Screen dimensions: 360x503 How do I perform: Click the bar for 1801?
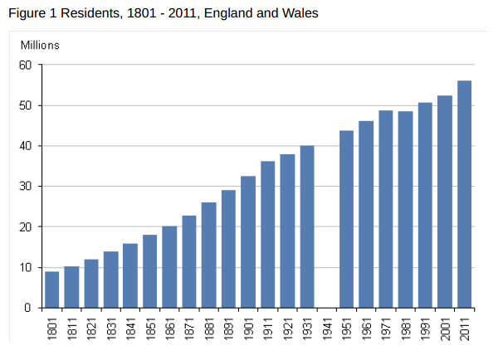click(51, 289)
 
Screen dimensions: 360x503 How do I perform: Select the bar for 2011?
click(464, 194)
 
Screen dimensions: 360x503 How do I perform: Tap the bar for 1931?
click(307, 226)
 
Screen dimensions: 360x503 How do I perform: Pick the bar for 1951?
click(346, 219)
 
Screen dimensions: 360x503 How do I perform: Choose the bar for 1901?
click(248, 241)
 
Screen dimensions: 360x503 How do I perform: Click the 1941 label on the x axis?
click(327, 328)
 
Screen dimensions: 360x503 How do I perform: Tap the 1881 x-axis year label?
click(209, 328)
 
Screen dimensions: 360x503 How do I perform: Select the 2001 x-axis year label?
click(445, 328)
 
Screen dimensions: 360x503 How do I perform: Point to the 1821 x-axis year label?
click(91, 328)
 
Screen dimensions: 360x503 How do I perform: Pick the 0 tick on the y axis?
click(27, 308)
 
